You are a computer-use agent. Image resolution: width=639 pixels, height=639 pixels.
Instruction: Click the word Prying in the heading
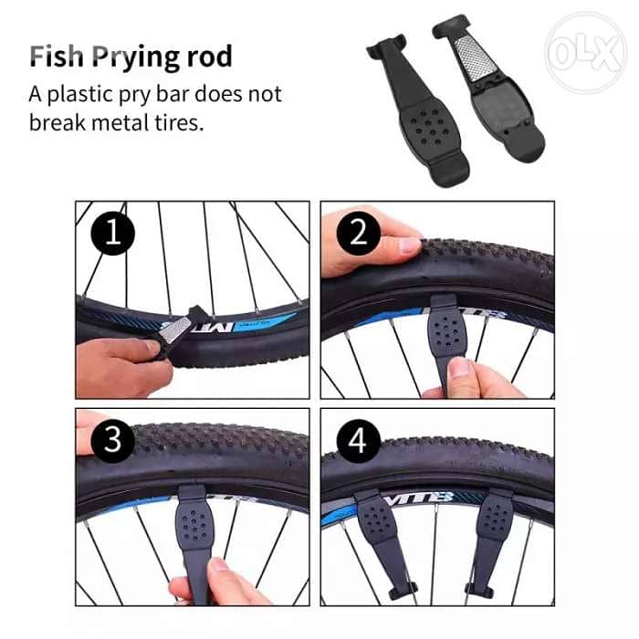click(x=141, y=57)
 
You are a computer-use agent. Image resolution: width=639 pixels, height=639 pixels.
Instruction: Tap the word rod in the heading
click(x=210, y=57)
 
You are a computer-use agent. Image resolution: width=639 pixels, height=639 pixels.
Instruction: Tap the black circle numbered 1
click(x=111, y=235)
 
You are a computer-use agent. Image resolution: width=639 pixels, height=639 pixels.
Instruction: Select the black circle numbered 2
click(x=358, y=235)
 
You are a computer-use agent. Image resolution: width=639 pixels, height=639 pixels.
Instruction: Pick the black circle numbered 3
click(x=111, y=441)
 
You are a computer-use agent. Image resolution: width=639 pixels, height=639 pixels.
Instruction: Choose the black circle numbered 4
click(x=358, y=441)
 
